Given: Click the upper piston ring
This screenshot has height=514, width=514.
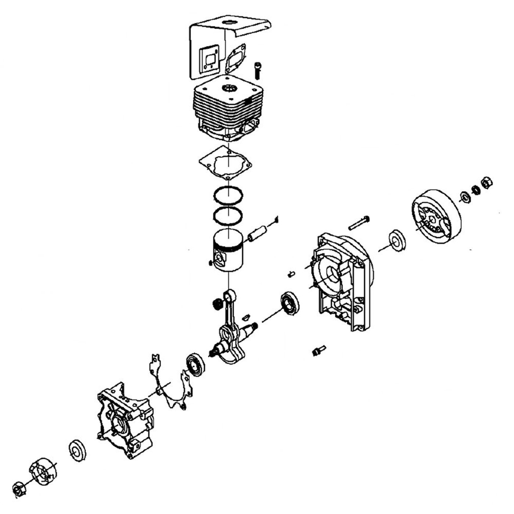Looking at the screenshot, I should point(228,195).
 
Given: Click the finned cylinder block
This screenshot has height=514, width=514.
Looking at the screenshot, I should point(228,110).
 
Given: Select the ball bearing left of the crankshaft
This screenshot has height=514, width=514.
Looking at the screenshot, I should point(195,364).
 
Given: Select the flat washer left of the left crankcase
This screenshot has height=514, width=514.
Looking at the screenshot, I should point(77,450).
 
